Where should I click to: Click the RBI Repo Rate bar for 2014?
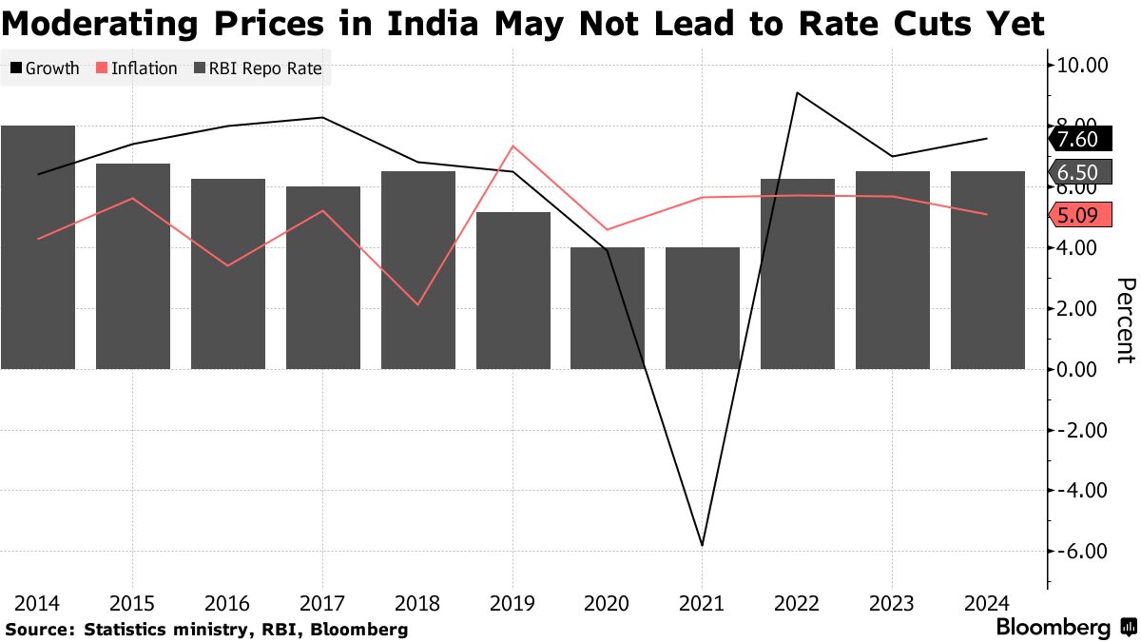click(x=38, y=247)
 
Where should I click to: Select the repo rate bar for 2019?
click(x=513, y=290)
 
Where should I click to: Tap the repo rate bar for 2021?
click(x=703, y=308)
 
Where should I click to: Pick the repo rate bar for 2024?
click(x=988, y=270)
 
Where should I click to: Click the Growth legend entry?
click(x=45, y=68)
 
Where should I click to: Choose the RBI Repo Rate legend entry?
click(x=259, y=68)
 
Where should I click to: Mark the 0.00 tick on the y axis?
click(x=1086, y=369)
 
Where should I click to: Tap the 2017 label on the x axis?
click(x=321, y=604)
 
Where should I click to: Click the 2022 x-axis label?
click(x=797, y=604)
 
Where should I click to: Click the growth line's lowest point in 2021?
click(x=703, y=545)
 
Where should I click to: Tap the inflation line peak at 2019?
click(x=513, y=146)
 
